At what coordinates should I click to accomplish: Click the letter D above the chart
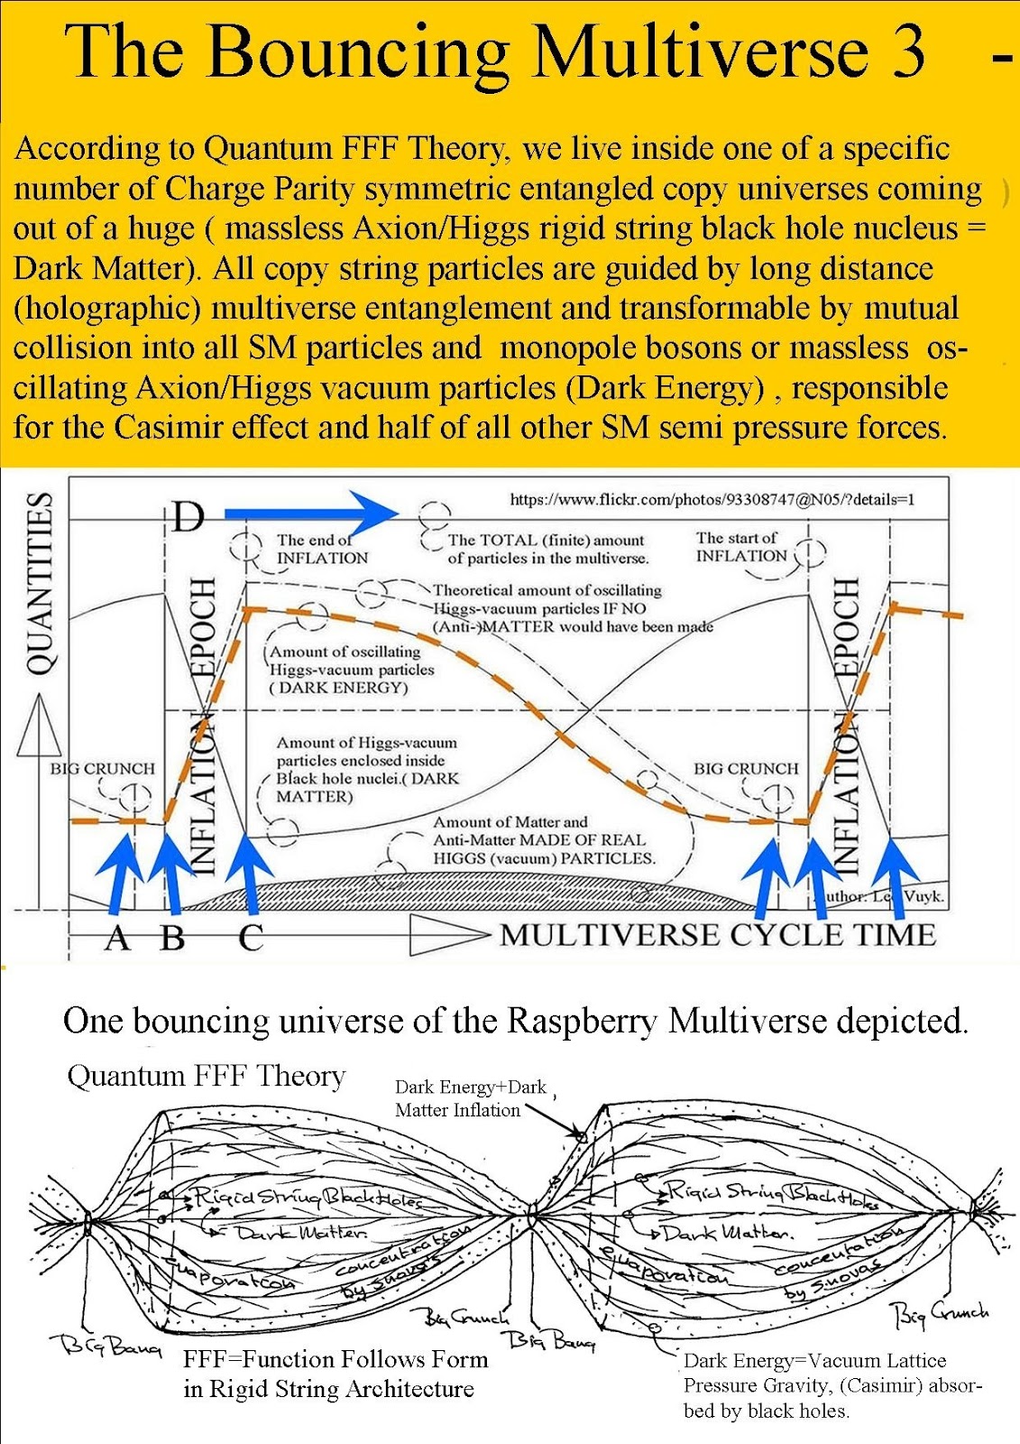pyautogui.click(x=188, y=517)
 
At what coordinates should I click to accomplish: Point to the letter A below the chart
pyautogui.click(x=117, y=939)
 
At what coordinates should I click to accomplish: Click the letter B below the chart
pyautogui.click(x=172, y=939)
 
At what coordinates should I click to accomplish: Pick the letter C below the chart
pyautogui.click(x=251, y=939)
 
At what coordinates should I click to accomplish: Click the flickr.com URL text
pyautogui.click(x=712, y=499)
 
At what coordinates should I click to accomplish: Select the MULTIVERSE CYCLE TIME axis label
pyautogui.click(x=717, y=935)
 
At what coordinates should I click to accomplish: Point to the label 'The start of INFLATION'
pyautogui.click(x=740, y=547)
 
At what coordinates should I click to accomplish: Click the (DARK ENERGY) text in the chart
pyautogui.click(x=340, y=688)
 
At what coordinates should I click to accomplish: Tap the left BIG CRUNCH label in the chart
pyautogui.click(x=102, y=769)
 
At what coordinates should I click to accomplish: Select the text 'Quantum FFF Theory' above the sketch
pyautogui.click(x=207, y=1076)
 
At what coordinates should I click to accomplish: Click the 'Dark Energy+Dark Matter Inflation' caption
pyautogui.click(x=470, y=1098)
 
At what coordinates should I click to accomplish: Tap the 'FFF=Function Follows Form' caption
pyautogui.click(x=335, y=1359)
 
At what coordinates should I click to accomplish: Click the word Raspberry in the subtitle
pyautogui.click(x=582, y=1021)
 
